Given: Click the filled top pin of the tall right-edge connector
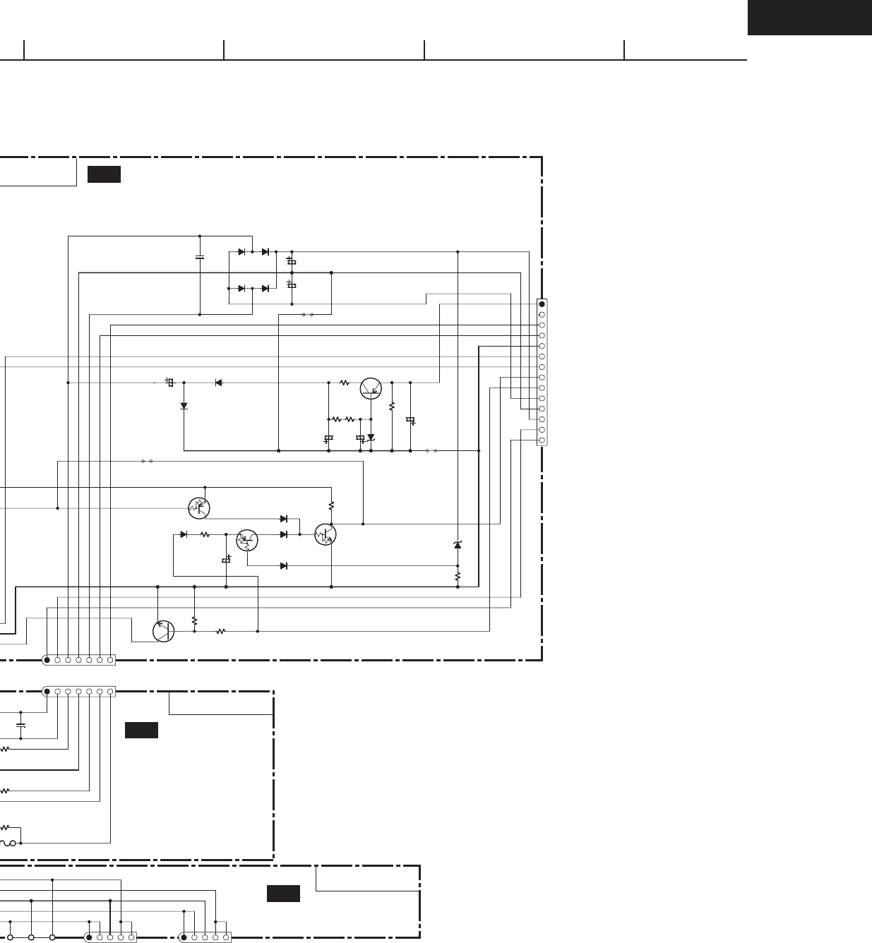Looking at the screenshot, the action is point(542,304).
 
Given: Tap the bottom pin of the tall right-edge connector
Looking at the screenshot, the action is point(542,441).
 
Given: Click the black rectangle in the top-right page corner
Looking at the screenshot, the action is point(809,18).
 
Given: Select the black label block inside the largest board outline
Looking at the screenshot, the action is point(104,174).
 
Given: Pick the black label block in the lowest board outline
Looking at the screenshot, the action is point(283,894).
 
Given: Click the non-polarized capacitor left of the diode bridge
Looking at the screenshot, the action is point(200,257).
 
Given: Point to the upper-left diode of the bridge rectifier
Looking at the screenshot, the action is point(242,252).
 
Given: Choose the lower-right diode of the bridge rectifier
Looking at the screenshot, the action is point(265,289).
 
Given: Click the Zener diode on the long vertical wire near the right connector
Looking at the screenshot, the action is point(458,545).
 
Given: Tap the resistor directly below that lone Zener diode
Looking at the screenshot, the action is point(458,576).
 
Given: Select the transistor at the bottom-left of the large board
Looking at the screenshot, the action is point(164,631).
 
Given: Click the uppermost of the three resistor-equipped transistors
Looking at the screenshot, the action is point(200,507).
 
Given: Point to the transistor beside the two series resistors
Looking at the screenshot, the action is point(371,388).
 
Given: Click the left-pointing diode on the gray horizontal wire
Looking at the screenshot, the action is point(218,383).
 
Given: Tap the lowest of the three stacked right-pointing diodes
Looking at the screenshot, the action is point(284,566).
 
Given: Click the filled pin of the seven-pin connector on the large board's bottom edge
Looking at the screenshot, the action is point(47,661).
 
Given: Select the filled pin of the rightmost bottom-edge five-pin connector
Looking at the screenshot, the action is point(184,938).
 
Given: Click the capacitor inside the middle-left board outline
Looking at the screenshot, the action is point(20,725).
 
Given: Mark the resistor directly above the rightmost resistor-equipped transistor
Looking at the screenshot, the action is point(331,506).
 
